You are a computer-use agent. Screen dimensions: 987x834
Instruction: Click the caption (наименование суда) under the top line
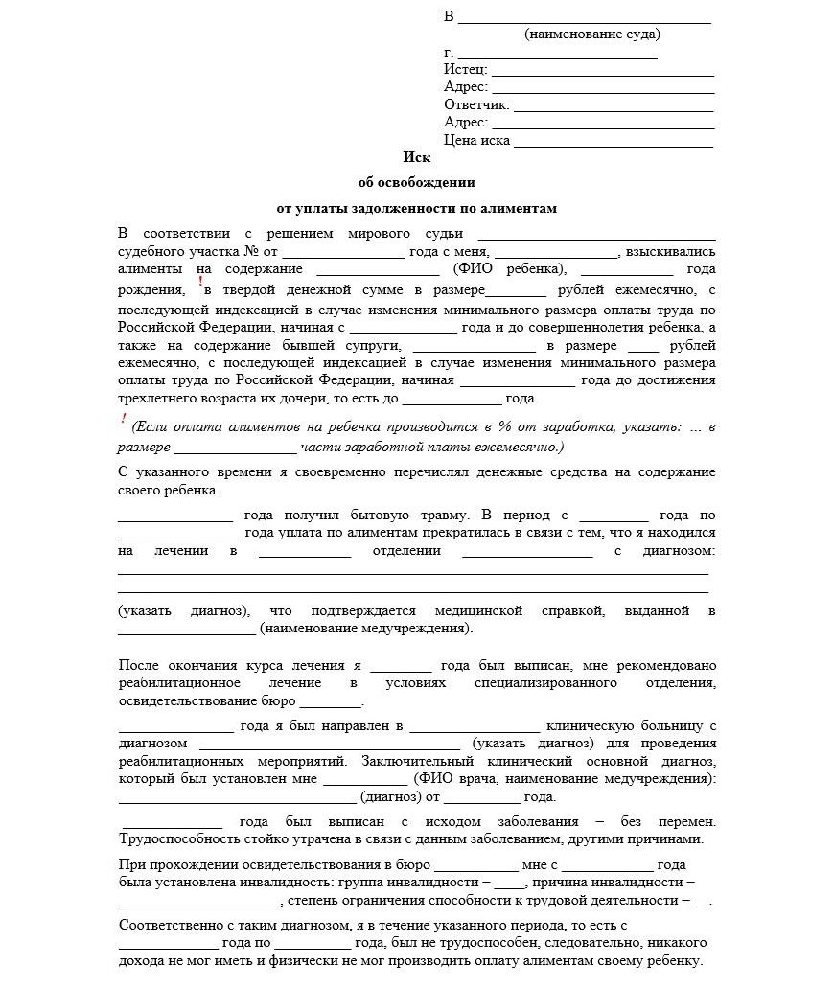591,34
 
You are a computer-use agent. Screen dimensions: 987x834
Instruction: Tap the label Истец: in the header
466,70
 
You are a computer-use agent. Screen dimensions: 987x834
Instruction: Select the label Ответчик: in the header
476,105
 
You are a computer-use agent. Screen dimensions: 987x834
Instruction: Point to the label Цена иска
476,141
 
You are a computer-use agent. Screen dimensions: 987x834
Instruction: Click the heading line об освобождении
416,182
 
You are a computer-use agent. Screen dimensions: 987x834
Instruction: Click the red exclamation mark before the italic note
124,419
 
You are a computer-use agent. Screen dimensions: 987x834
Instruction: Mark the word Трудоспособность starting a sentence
175,839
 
